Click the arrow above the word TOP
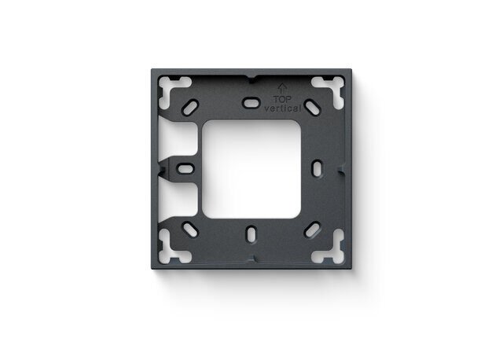click(281, 89)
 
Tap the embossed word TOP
click(283, 100)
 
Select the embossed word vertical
click(283, 108)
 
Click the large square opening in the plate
click(251, 169)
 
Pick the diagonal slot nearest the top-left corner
click(190, 108)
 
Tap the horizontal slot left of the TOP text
click(251, 103)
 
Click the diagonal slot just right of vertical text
click(313, 107)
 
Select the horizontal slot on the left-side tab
click(185, 169)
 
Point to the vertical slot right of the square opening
click(318, 168)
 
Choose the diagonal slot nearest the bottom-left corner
click(190, 230)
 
